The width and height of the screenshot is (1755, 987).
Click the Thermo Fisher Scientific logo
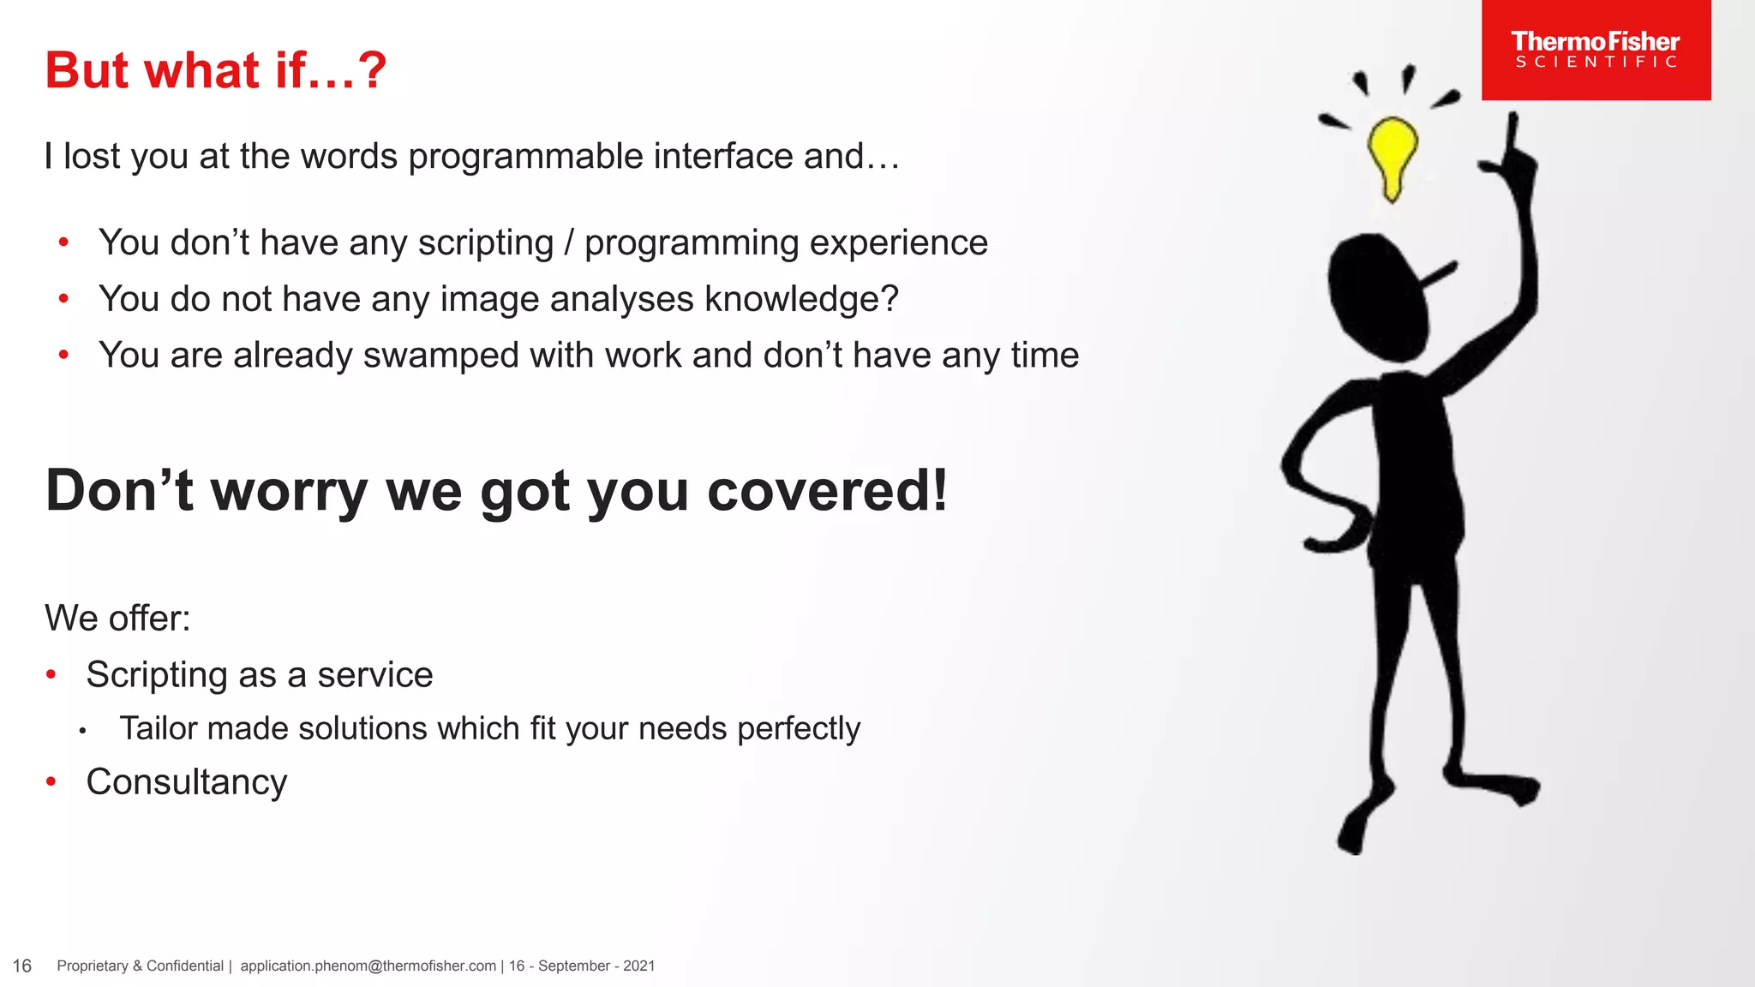coord(1596,50)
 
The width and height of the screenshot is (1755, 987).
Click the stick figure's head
coord(1377,296)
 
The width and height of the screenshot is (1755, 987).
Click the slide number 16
coord(22,966)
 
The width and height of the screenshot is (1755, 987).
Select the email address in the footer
coord(368,966)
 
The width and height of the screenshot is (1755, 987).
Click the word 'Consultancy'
coord(187,782)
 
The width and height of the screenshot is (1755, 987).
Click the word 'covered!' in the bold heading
coord(828,491)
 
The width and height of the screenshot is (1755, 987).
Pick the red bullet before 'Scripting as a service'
coord(51,675)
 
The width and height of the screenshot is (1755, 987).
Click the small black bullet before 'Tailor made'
coord(82,731)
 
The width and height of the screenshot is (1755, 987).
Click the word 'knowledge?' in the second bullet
coord(801,299)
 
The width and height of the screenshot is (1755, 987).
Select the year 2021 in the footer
coord(639,966)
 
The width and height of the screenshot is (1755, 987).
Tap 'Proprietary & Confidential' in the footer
coord(140,966)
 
